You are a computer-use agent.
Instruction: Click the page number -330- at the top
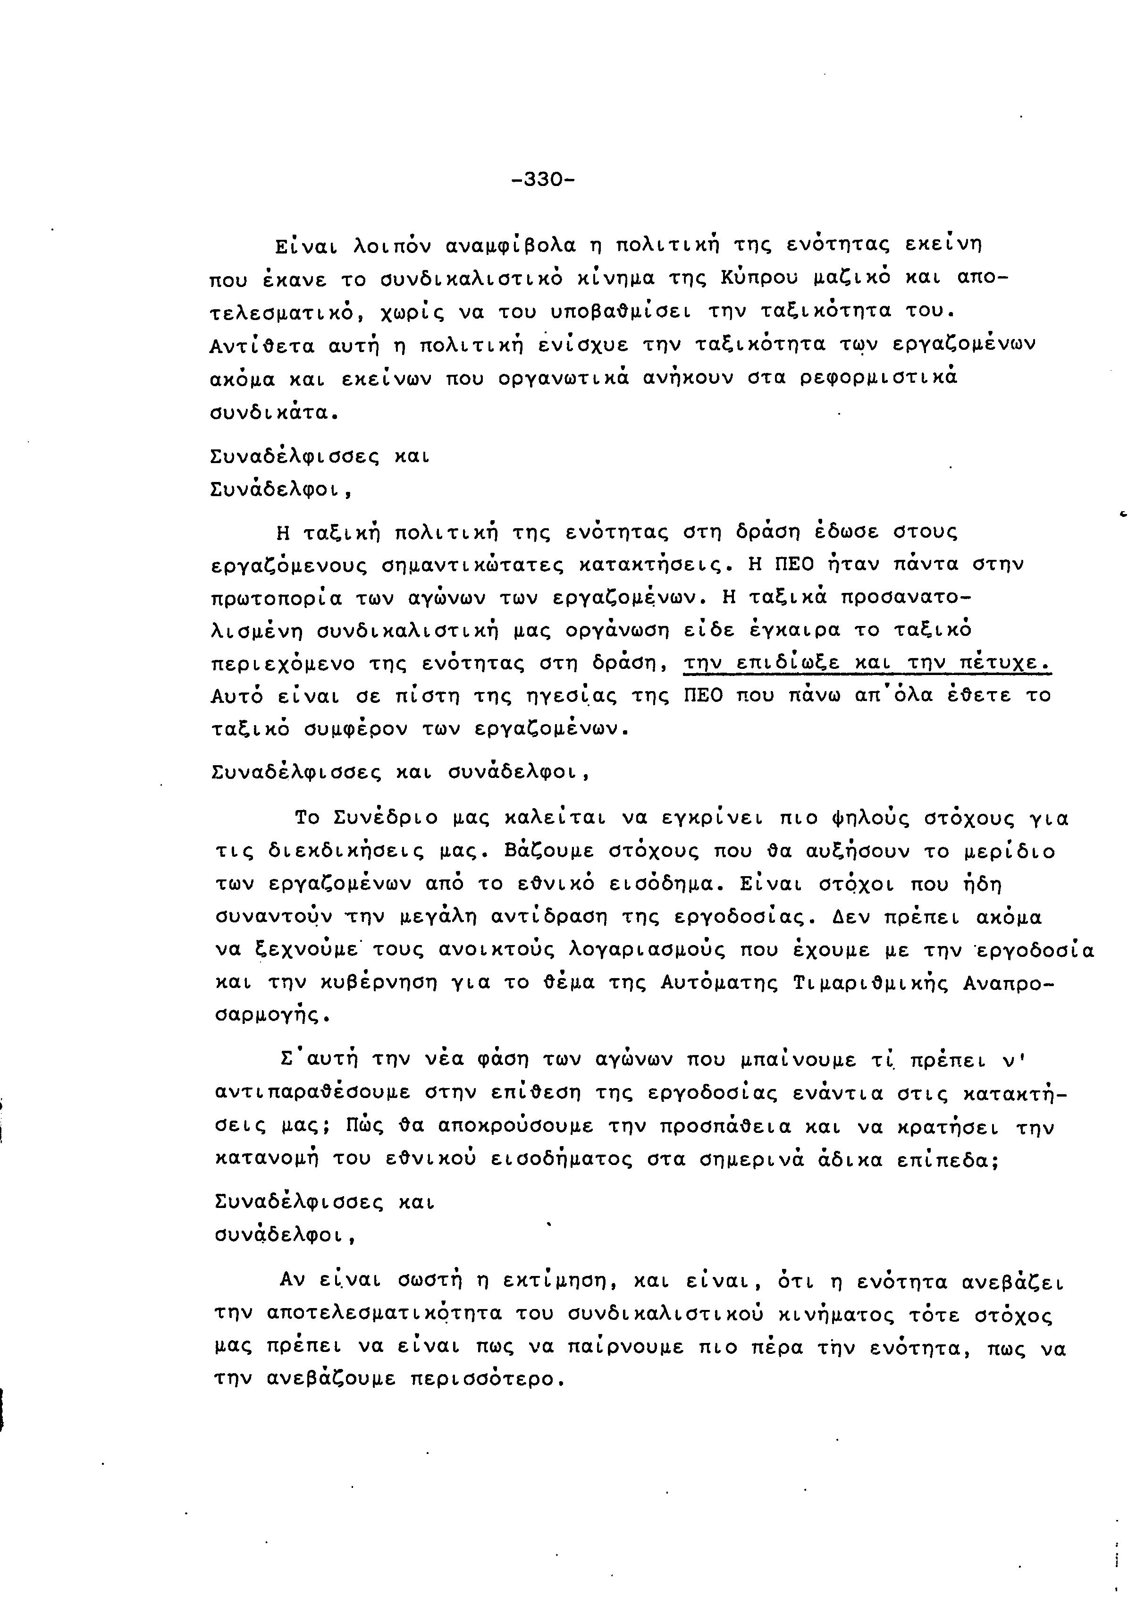[x=543, y=180]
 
